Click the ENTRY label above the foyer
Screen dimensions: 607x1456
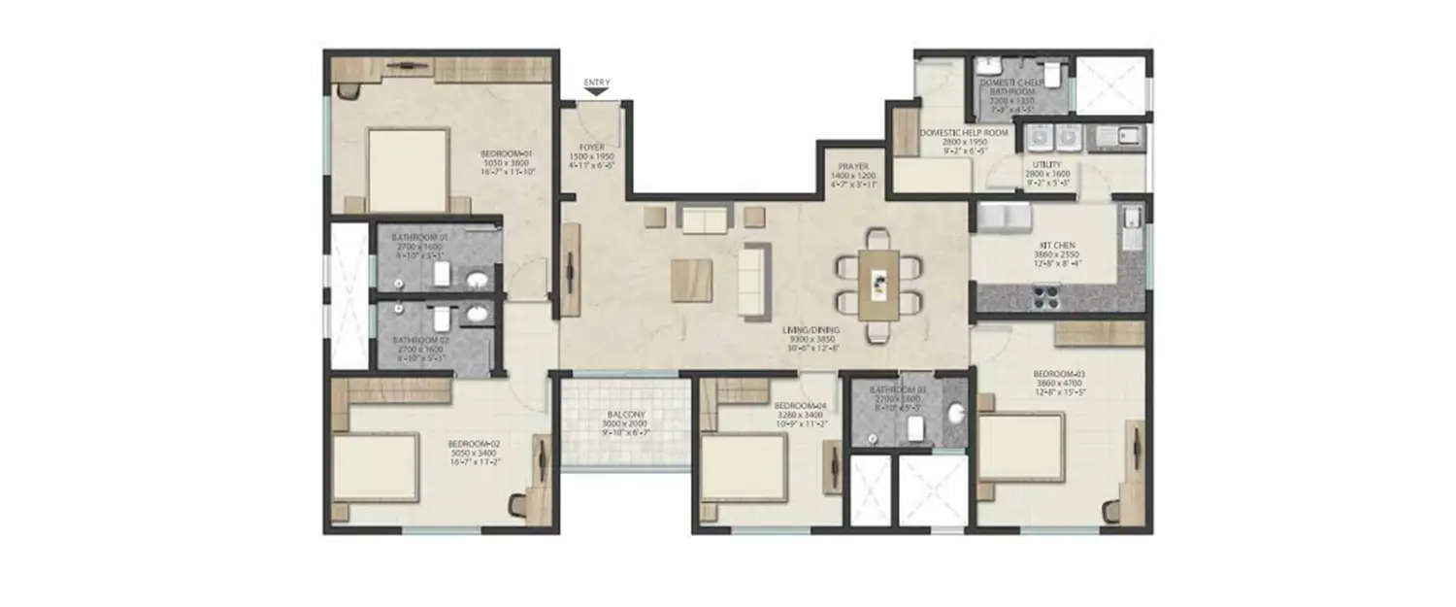[x=596, y=83]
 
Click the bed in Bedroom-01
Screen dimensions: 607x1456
[x=408, y=170]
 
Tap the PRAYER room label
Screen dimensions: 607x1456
[x=854, y=167]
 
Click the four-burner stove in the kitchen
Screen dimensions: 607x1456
[x=1046, y=297]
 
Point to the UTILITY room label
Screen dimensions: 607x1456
[x=1046, y=166]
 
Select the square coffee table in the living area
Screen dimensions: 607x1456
[x=691, y=281]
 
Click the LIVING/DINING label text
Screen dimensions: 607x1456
[x=813, y=329]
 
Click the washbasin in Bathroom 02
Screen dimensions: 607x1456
[x=477, y=315]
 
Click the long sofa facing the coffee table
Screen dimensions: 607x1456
[x=753, y=280]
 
